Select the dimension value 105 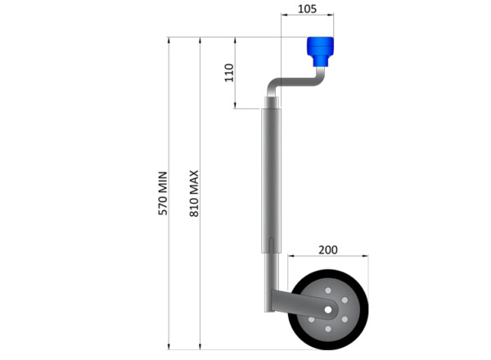[307, 9]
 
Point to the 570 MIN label [163, 193]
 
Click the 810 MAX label [195, 193]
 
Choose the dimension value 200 [327, 250]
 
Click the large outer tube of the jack [271, 180]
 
